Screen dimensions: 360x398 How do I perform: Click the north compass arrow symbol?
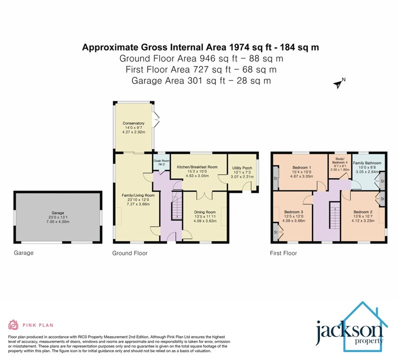point(339,83)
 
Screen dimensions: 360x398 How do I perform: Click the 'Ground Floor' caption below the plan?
point(129,253)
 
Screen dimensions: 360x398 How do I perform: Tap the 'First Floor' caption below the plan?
point(283,253)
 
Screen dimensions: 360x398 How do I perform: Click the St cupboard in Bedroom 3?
point(275,233)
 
